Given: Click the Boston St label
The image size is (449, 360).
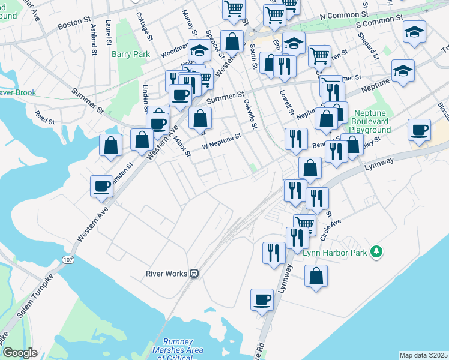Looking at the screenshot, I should (x=73, y=26).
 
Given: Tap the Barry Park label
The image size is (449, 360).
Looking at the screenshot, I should (x=130, y=54).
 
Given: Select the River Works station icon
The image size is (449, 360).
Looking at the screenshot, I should (x=194, y=274).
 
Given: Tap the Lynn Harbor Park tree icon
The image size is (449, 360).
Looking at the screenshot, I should (x=376, y=251).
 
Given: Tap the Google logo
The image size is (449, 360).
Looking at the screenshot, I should (x=20, y=353).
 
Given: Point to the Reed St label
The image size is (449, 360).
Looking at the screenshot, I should (x=44, y=117).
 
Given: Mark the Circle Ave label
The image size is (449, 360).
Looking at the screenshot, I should (x=330, y=229).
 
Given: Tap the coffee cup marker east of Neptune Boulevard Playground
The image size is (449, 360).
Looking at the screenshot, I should (x=418, y=130).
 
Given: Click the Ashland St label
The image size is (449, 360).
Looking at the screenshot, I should (x=94, y=39).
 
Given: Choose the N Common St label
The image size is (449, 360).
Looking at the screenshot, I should (x=344, y=14).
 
